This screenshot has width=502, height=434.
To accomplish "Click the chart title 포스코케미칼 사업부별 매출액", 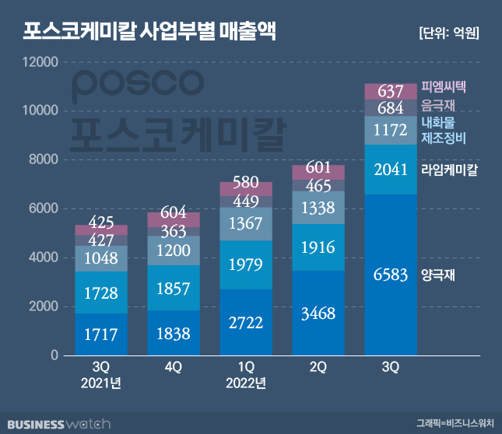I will pyautogui.click(x=148, y=32).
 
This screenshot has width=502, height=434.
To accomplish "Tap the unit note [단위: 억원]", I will pyautogui.click(x=448, y=33).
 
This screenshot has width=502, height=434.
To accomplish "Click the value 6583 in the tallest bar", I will pyautogui.click(x=390, y=275).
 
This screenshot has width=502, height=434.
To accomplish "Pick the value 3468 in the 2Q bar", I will pyautogui.click(x=318, y=315).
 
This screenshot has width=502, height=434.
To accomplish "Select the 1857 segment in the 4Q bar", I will pyautogui.click(x=174, y=289).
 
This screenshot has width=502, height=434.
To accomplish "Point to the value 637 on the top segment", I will pyautogui.click(x=390, y=92).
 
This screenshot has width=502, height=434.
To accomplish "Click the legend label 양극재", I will pyautogui.click(x=437, y=275).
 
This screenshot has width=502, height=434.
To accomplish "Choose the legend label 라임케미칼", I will pyautogui.click(x=449, y=168).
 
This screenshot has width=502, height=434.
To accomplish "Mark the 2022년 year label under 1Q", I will pyautogui.click(x=244, y=383).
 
